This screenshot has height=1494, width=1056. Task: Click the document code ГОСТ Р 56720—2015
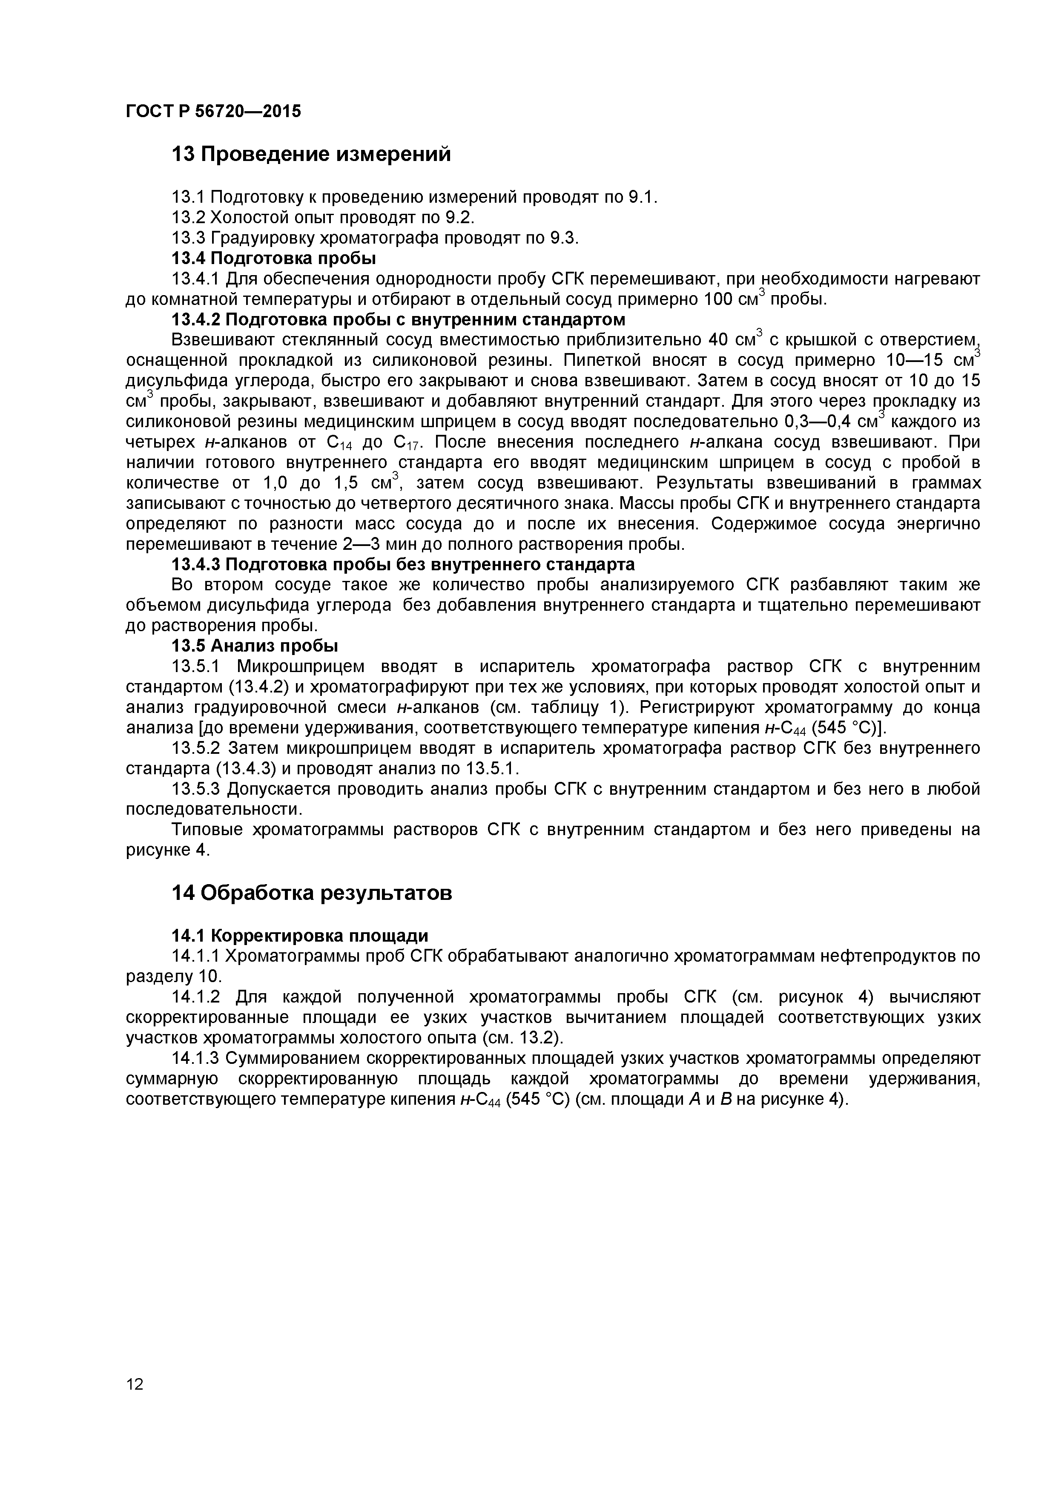pyautogui.click(x=213, y=111)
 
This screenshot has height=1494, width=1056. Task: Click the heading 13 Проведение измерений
pyautogui.click(x=311, y=154)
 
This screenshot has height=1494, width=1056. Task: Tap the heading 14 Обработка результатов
pyautogui.click(x=311, y=893)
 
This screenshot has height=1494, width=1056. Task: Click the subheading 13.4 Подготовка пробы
pyautogui.click(x=273, y=259)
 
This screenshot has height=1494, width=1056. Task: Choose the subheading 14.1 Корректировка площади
pyautogui.click(x=299, y=936)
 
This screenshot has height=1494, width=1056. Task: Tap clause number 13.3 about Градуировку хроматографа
pyautogui.click(x=188, y=238)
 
